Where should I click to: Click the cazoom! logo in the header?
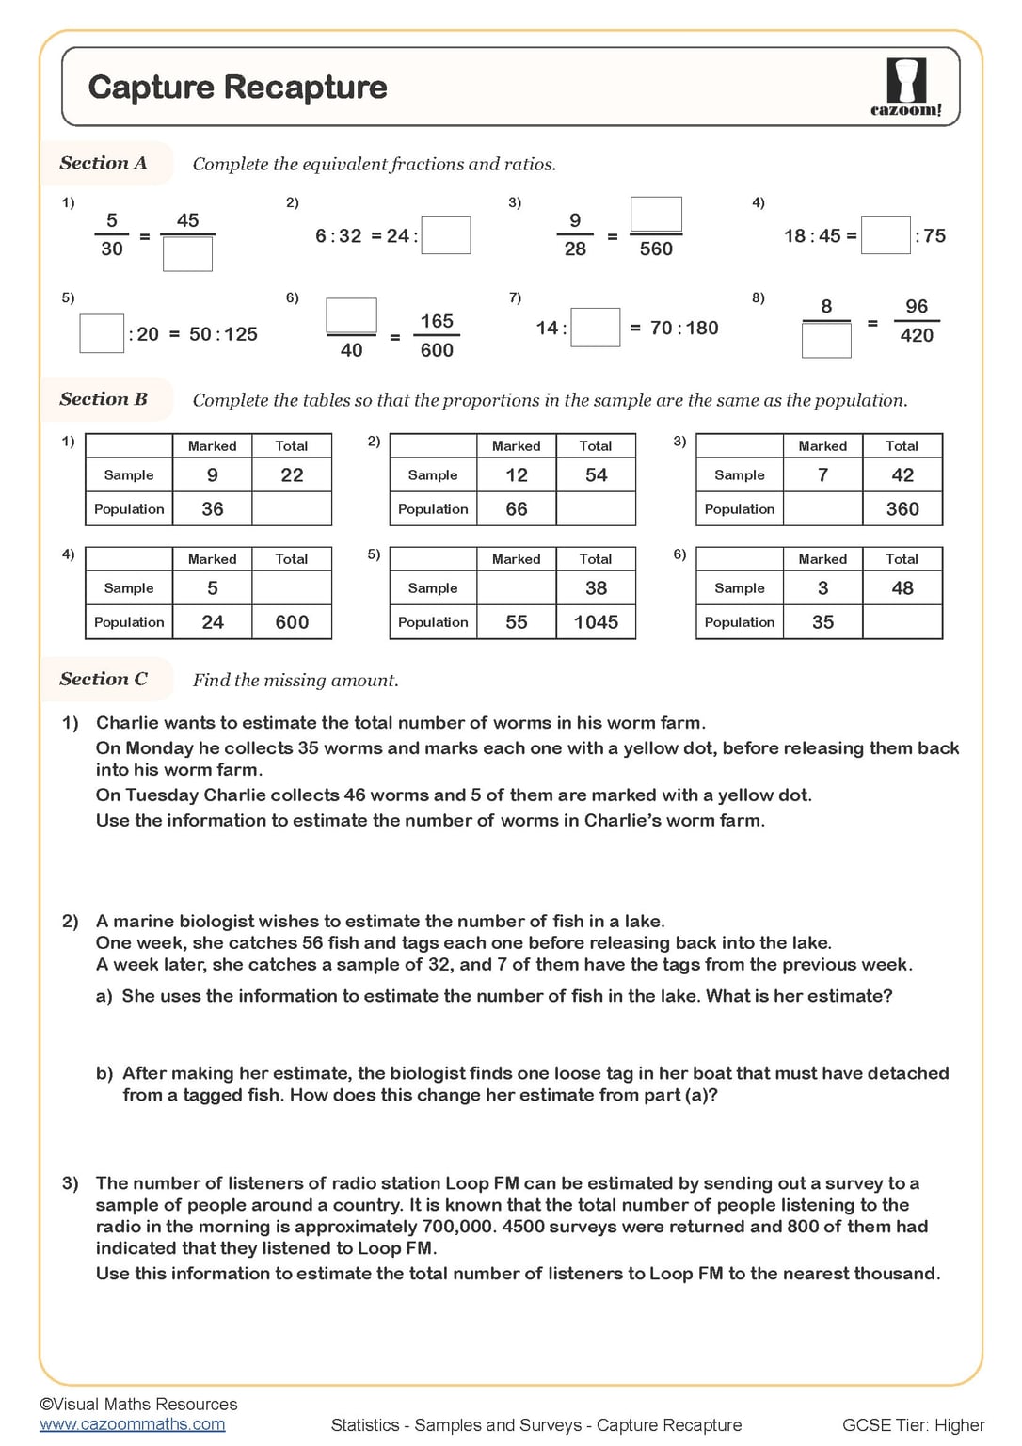point(905,87)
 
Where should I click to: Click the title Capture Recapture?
point(237,87)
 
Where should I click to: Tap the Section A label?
point(104,163)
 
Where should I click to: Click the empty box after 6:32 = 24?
point(446,235)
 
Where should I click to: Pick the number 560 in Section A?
point(656,249)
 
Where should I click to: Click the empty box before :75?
point(886,235)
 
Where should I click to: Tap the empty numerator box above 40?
point(351,316)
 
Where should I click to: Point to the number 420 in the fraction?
point(917,336)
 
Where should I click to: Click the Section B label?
point(104,399)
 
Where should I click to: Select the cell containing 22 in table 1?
point(292,475)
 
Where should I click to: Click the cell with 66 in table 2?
point(517,509)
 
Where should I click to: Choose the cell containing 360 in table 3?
point(902,509)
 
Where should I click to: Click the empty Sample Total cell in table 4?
point(292,588)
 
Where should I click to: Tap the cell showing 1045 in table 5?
point(596,622)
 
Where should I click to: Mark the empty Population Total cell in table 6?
point(902,622)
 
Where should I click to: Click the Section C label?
point(104,679)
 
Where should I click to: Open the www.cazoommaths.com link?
point(133,1424)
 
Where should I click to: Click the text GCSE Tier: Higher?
point(913,1425)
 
